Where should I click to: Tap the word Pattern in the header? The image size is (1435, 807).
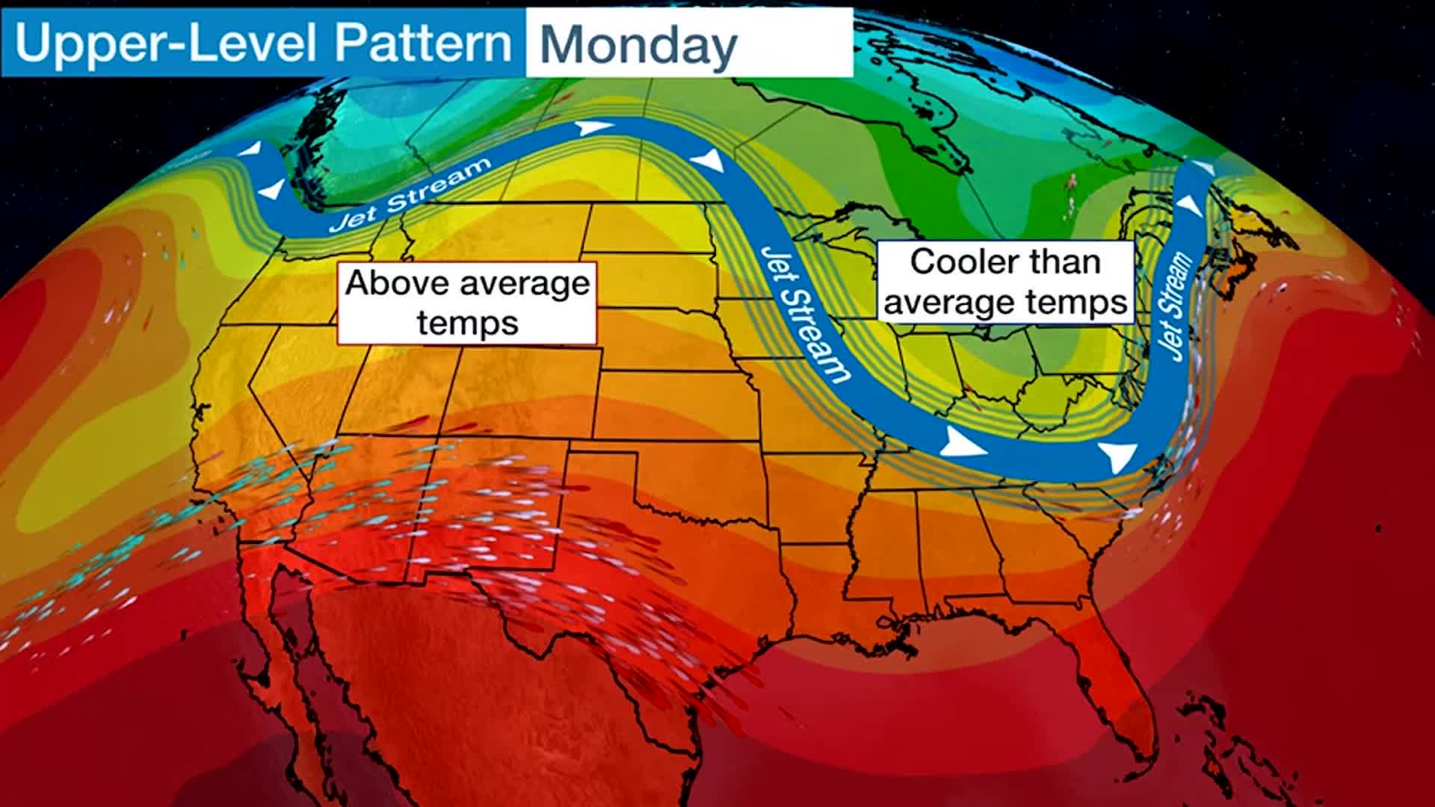click(x=422, y=43)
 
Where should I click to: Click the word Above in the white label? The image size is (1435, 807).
click(x=397, y=283)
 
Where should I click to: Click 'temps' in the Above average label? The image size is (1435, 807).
click(x=467, y=324)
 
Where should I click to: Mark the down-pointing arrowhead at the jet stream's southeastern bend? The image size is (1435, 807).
click(x=1118, y=456)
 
